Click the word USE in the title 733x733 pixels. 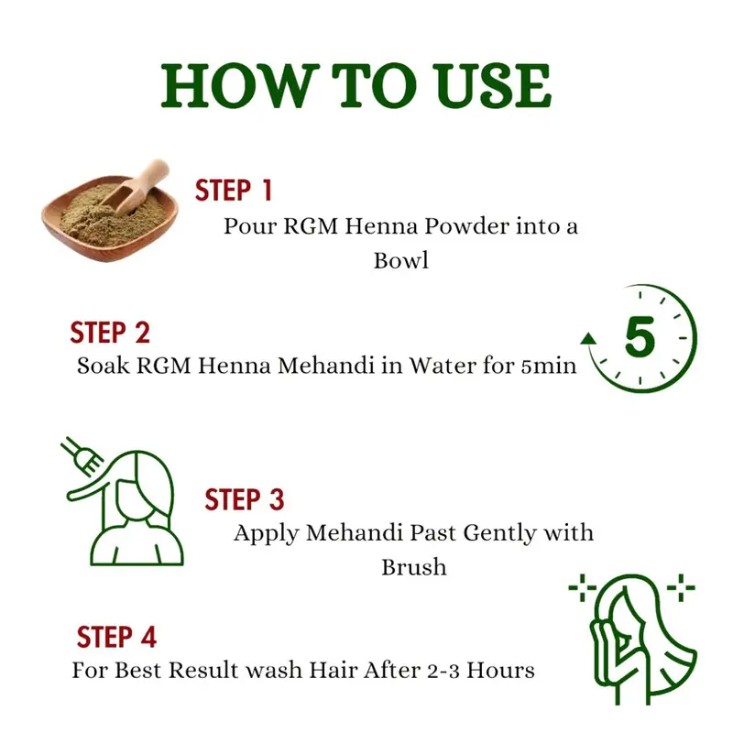point(495,86)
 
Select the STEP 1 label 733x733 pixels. point(234,191)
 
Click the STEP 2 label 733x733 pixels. point(110,333)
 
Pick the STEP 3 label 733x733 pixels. point(245,499)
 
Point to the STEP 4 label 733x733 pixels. point(116,637)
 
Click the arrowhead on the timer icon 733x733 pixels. point(588,339)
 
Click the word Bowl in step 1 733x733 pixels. point(401,260)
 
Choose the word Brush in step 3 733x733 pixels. point(414,567)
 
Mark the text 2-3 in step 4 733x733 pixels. point(443,671)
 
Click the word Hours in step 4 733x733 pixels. point(500,671)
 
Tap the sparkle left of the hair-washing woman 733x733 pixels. point(583,587)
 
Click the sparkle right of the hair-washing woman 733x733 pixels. point(681,587)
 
